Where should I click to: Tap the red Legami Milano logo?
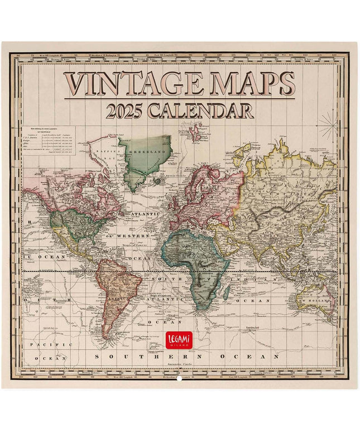180,340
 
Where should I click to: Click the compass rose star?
328,127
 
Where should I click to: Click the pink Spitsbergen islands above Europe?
195,132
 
